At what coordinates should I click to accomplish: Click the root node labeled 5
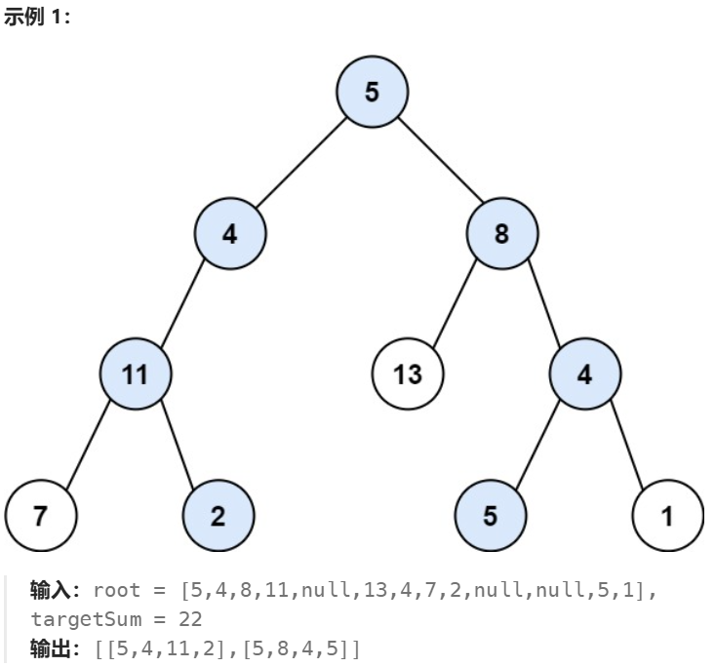(372, 93)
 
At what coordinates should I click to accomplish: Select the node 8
(501, 234)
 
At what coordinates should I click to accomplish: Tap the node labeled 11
(136, 374)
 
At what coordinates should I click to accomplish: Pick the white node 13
(408, 374)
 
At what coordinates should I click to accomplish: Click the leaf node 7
(40, 516)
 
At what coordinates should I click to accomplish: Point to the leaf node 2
(218, 516)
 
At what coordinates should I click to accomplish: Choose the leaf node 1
(667, 516)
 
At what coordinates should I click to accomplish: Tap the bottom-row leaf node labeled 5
(490, 516)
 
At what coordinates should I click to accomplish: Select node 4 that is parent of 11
(229, 234)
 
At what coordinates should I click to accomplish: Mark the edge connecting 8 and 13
(455, 304)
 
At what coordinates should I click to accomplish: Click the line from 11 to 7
(88, 446)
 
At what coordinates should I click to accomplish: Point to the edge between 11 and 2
(177, 446)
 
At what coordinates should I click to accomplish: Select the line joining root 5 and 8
(437, 164)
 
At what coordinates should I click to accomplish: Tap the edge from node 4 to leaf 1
(626, 446)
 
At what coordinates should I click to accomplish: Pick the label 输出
(48, 647)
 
